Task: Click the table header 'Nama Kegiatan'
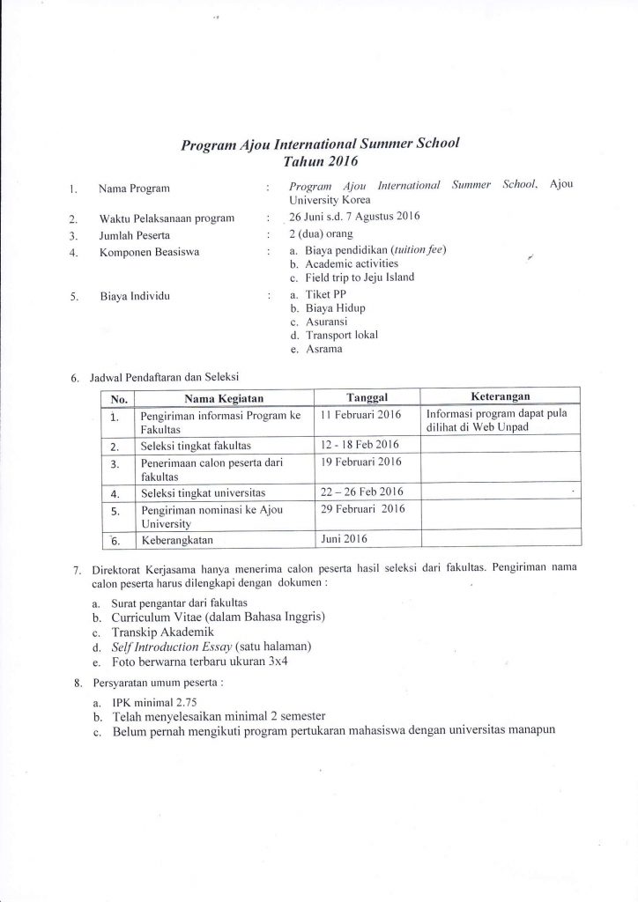click(220, 398)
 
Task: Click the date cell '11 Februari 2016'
click(361, 414)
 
